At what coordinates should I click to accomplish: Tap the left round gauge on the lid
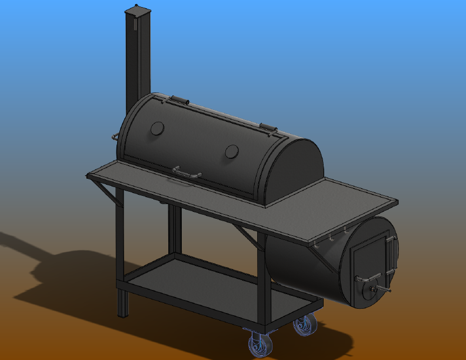(157, 128)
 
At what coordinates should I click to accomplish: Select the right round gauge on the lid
(232, 152)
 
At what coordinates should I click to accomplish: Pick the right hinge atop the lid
(268, 127)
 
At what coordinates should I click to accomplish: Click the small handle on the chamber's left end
(115, 138)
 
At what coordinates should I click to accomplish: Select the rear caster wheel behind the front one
(304, 325)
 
